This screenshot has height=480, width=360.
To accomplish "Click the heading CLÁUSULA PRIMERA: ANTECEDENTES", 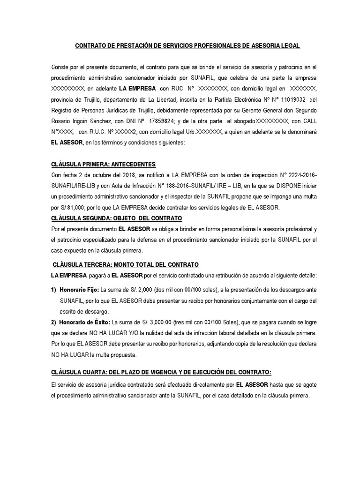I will [103, 165].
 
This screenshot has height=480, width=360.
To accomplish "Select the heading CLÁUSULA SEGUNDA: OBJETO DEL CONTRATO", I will [116, 218].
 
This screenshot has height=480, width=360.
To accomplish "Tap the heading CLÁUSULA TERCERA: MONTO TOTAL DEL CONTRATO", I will [126, 264].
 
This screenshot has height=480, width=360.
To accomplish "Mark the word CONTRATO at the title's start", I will [91, 45].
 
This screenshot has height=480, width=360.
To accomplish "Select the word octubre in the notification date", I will [101, 175].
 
